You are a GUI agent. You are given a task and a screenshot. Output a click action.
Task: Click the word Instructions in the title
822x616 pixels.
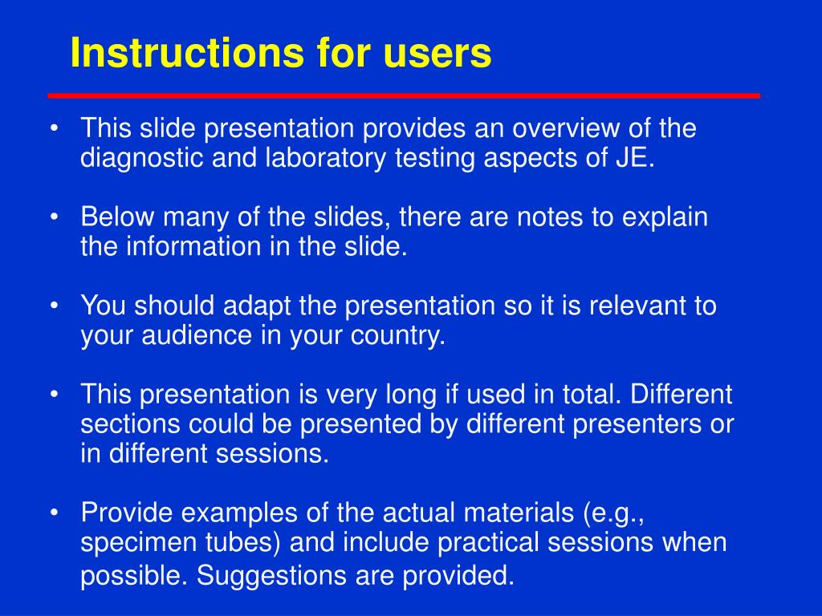click(187, 52)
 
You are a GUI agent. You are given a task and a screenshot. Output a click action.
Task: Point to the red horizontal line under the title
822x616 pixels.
click(405, 96)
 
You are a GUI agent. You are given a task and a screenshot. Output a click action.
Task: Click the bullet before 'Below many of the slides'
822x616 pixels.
click(54, 217)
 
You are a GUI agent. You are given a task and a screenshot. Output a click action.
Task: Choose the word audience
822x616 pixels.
click(196, 336)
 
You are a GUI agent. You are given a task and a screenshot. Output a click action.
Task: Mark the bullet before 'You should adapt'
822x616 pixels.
click(54, 306)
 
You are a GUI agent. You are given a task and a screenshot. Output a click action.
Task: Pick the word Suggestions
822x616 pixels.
click(271, 576)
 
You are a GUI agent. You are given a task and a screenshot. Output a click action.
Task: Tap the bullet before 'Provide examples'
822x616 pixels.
click(54, 513)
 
